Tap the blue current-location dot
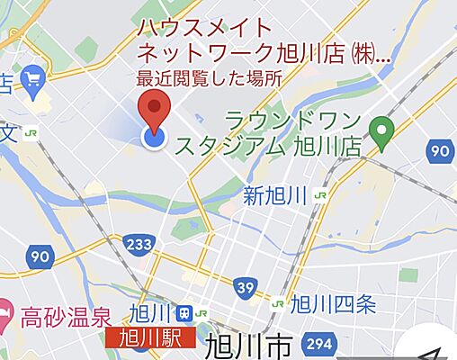point(155,137)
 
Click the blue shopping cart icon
point(34,80)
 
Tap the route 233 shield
point(139,244)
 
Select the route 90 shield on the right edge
point(440,151)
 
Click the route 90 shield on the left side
point(39,257)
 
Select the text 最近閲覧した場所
point(208,78)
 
